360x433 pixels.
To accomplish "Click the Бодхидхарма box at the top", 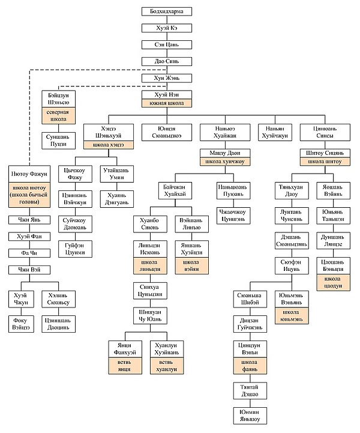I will coord(166,11).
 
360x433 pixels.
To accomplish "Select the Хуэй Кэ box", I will coord(166,28).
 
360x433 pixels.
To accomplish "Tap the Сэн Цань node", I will coord(166,45).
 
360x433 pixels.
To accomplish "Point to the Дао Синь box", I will coord(166,61).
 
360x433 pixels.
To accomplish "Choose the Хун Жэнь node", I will coord(166,78).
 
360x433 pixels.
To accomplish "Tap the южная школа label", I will coord(166,103).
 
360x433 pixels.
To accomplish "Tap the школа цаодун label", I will coord(333,282).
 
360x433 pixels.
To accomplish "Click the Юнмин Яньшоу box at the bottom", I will coord(250,415).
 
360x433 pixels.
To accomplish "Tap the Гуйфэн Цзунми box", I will coord(75,249).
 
